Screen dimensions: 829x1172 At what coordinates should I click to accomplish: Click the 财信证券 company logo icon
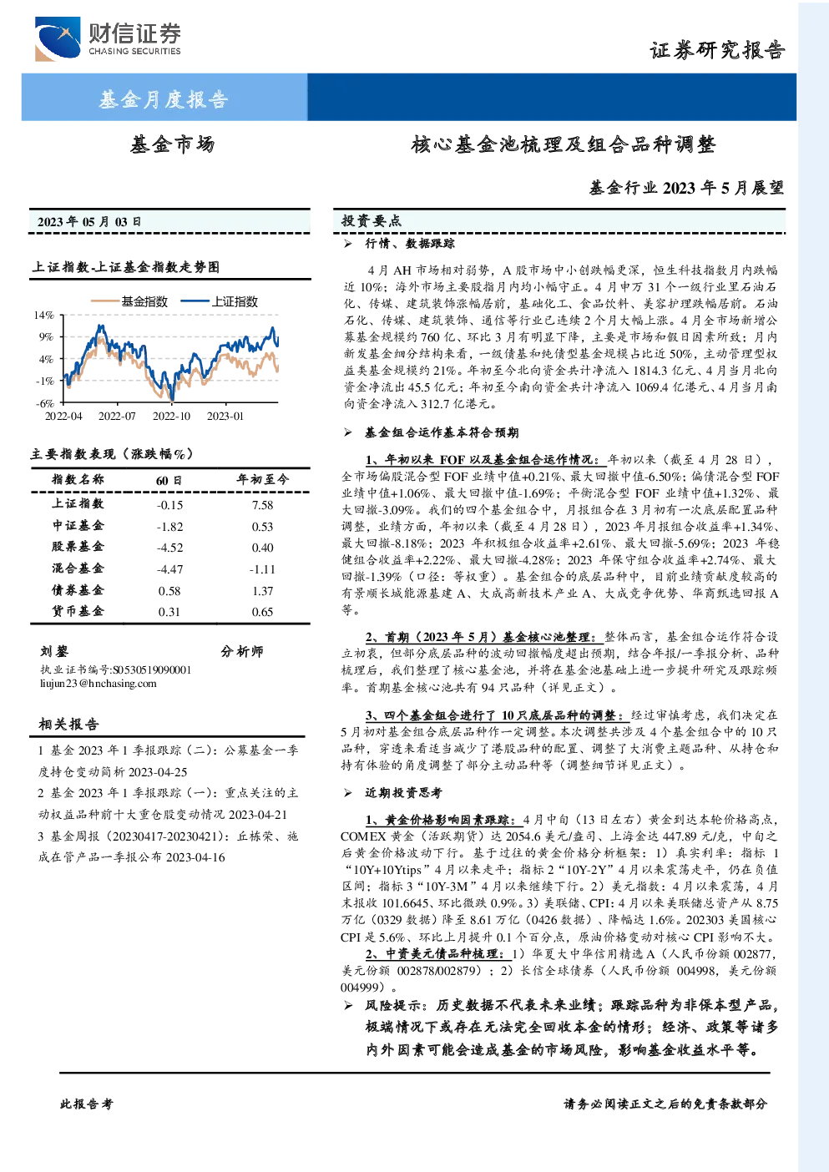[x=58, y=38]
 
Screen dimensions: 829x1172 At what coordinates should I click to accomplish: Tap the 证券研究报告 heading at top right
[x=717, y=50]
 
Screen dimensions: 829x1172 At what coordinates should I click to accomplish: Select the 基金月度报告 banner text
[x=164, y=99]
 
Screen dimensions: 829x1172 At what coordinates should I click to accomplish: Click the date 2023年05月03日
[x=89, y=222]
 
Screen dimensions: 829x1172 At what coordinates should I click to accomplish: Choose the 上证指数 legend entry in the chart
[x=220, y=301]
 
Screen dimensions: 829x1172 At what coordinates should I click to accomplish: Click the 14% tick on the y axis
[x=44, y=315]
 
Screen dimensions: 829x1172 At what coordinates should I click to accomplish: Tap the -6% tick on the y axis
[x=45, y=403]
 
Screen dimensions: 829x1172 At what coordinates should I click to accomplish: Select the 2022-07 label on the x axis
[x=117, y=416]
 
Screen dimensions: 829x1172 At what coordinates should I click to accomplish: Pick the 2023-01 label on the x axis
[x=225, y=416]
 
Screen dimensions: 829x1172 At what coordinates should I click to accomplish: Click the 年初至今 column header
[x=262, y=479]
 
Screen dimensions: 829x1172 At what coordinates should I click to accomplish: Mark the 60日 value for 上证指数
[x=169, y=505]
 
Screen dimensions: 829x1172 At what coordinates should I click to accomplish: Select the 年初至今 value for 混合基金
[x=262, y=569]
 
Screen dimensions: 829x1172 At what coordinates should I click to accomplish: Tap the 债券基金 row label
[x=78, y=590]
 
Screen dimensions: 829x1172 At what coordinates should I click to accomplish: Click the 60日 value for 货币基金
[x=169, y=612]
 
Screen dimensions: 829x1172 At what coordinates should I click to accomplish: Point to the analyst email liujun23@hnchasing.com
[x=98, y=684]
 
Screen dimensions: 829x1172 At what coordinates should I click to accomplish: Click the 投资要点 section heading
[x=372, y=221]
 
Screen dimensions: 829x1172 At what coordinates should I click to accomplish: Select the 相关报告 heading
[x=68, y=724]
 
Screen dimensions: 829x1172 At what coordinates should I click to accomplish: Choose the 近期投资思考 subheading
[x=403, y=793]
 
